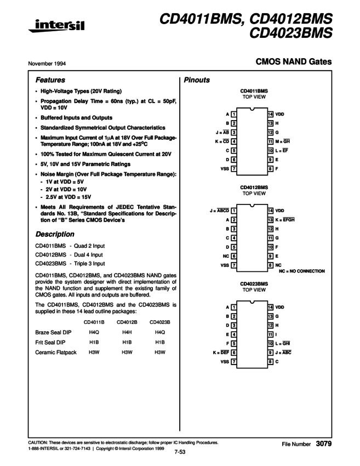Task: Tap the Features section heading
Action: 50,79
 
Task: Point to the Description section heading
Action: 55,234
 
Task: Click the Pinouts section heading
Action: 197,80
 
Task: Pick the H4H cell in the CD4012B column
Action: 125,331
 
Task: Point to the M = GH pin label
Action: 285,141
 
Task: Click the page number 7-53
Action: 181,452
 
